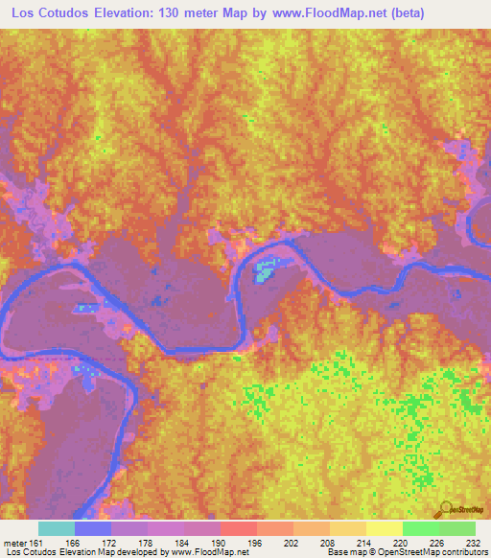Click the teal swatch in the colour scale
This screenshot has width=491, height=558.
point(57,528)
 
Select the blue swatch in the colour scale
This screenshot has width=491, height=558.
point(93,528)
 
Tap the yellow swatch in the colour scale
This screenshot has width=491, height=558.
point(384,528)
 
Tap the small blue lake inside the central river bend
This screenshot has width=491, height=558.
point(264,273)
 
